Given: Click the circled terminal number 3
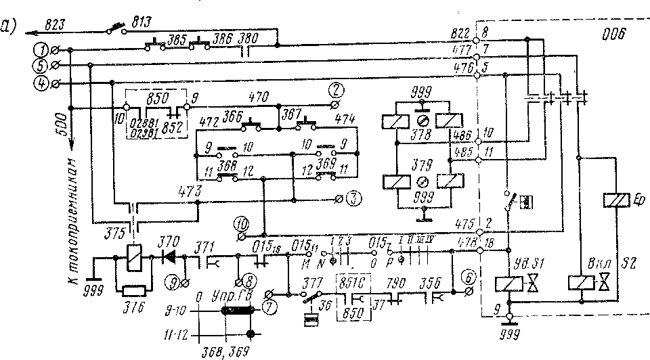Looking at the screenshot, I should click(x=352, y=199).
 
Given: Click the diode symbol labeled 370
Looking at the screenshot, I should click(x=166, y=258).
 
